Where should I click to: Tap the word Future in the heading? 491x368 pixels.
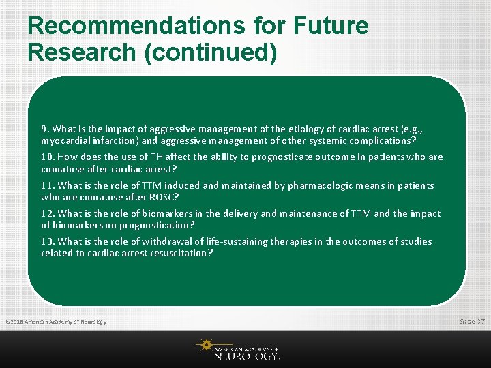click(x=330, y=26)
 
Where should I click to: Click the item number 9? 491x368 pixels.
click(x=44, y=129)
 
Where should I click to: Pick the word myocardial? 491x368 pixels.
click(x=65, y=141)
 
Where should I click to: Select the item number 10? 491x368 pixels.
click(x=47, y=157)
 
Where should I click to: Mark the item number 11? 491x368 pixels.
click(x=47, y=185)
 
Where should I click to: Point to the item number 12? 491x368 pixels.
click(x=47, y=213)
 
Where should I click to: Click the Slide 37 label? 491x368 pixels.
click(x=471, y=321)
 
